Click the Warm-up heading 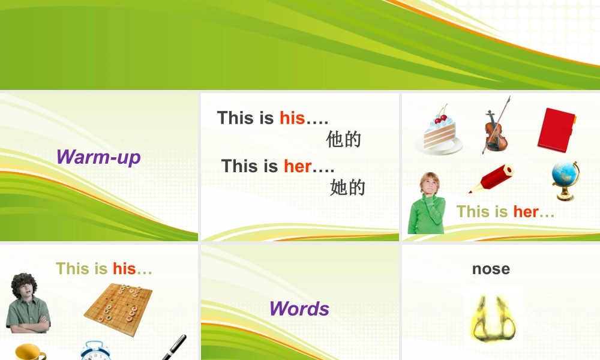(x=98, y=157)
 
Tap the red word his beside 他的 (x=292, y=118)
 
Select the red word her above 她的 (x=298, y=166)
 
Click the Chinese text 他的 (x=344, y=140)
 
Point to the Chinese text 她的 (x=347, y=188)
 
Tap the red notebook (x=556, y=130)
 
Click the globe (x=565, y=179)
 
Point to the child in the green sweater (x=427, y=204)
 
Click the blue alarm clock (x=94, y=351)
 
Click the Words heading (x=299, y=308)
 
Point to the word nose (x=491, y=269)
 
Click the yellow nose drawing (x=493, y=318)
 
